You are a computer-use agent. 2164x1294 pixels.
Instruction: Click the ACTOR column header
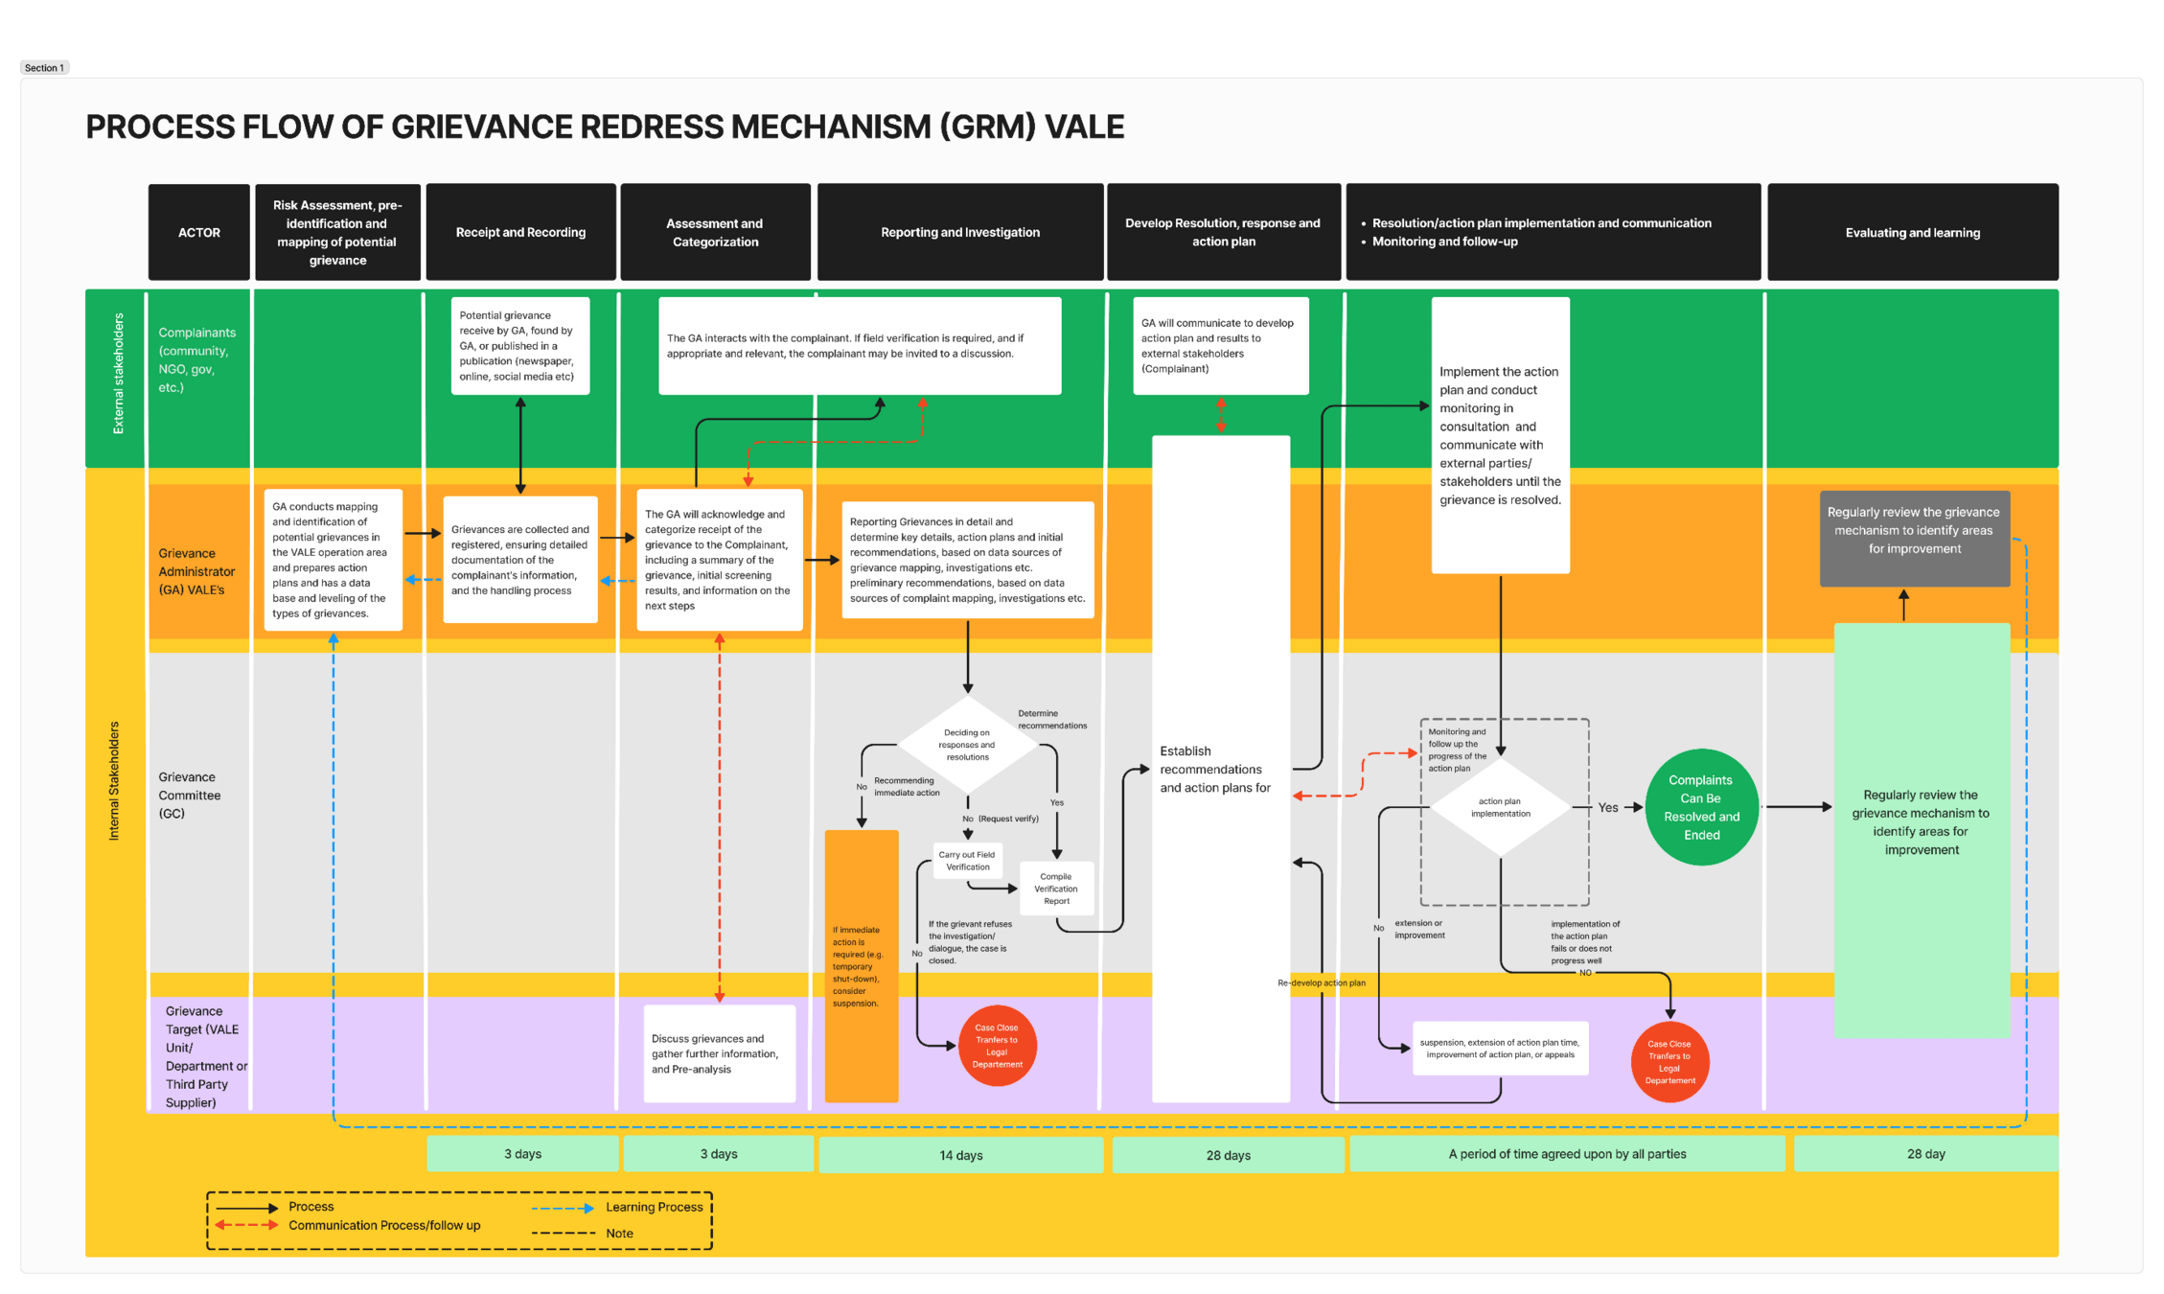click(x=198, y=232)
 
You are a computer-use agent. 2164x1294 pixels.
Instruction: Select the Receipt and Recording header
click(x=520, y=232)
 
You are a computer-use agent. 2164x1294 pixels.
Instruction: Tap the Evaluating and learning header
click(x=1912, y=232)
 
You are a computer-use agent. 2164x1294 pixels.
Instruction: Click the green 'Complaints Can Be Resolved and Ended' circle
click(x=1701, y=807)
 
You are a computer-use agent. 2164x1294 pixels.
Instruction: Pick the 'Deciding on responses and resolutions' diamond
click(x=967, y=745)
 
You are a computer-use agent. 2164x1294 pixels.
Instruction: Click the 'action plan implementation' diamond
click(x=1500, y=807)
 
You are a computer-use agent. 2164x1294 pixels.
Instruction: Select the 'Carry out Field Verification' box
click(x=967, y=861)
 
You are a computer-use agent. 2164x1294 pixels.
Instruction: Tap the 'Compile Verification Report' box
click(x=1056, y=889)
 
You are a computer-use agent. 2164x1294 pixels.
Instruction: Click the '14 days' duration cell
click(x=960, y=1155)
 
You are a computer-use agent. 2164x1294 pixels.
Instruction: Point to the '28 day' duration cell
click(x=1925, y=1154)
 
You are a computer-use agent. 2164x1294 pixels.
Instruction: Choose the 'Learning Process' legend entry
click(x=654, y=1207)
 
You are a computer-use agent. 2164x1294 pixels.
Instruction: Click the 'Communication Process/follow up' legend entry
click(x=383, y=1225)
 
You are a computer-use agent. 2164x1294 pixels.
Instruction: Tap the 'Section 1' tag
click(x=44, y=68)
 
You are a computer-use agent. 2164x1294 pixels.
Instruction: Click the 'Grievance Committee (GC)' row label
click(x=189, y=795)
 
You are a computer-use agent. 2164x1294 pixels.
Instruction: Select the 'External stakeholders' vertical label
click(x=118, y=374)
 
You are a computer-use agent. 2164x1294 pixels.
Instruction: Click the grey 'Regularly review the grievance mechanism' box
click(x=1913, y=530)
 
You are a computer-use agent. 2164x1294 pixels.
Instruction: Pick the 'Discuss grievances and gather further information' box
click(x=719, y=1053)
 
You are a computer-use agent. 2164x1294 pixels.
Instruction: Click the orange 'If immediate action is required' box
click(x=861, y=966)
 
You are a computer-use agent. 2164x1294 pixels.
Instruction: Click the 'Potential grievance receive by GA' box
click(x=519, y=345)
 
